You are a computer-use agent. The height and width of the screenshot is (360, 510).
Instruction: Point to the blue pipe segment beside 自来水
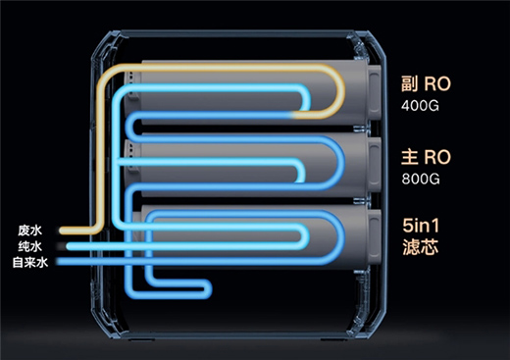[88, 262]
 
